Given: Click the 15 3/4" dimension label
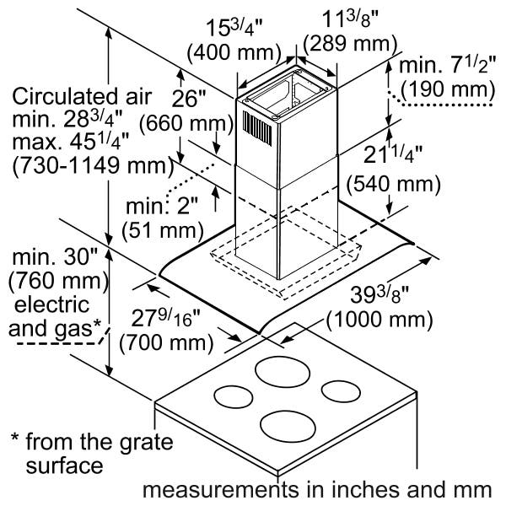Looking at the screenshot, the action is [234, 28].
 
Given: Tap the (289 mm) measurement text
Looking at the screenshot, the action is [350, 44].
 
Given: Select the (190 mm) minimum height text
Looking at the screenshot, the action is [448, 89].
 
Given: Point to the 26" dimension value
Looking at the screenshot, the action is [189, 99].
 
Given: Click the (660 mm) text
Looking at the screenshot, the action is [186, 123].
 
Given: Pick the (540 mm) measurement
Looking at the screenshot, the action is [393, 185].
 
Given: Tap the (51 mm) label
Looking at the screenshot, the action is [163, 231].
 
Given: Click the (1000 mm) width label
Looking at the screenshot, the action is [379, 320].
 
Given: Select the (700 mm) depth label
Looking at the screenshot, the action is [166, 342].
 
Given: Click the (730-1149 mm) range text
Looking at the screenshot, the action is [93, 166].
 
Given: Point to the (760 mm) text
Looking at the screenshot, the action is [59, 281].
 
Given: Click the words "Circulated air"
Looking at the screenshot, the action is [82, 96].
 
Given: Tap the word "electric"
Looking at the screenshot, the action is [51, 305].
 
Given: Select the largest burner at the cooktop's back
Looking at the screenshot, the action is [283, 372].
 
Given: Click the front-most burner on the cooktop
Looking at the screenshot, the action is [288, 425].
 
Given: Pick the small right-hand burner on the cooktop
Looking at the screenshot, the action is [341, 392].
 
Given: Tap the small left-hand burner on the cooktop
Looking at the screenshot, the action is [234, 396].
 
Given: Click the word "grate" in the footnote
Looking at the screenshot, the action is [147, 443].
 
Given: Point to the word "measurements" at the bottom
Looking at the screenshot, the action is [220, 489].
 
